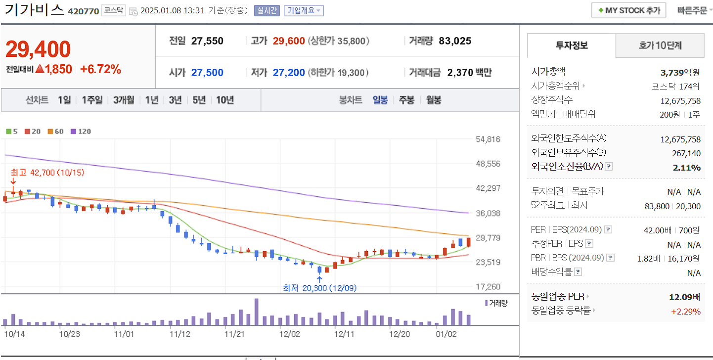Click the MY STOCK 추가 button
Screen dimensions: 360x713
point(628,10)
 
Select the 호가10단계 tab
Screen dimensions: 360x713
point(660,46)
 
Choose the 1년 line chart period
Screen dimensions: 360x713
point(152,100)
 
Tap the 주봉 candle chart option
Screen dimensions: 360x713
point(406,100)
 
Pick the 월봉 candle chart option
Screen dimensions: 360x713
point(434,100)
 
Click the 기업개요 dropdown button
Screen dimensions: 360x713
point(304,10)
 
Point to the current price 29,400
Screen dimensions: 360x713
point(39,49)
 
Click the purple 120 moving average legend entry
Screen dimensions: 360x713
point(81,132)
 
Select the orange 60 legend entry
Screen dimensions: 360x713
point(56,132)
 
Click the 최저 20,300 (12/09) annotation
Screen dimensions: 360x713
point(319,288)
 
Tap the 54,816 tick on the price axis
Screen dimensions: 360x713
point(488,139)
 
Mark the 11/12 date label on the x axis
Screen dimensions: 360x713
point(179,334)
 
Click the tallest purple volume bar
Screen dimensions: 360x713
point(256,312)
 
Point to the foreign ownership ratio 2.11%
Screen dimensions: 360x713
point(686,167)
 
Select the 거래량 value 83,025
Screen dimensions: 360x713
point(455,41)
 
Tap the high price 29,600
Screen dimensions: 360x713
point(288,41)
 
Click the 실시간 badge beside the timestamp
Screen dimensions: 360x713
point(267,10)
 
